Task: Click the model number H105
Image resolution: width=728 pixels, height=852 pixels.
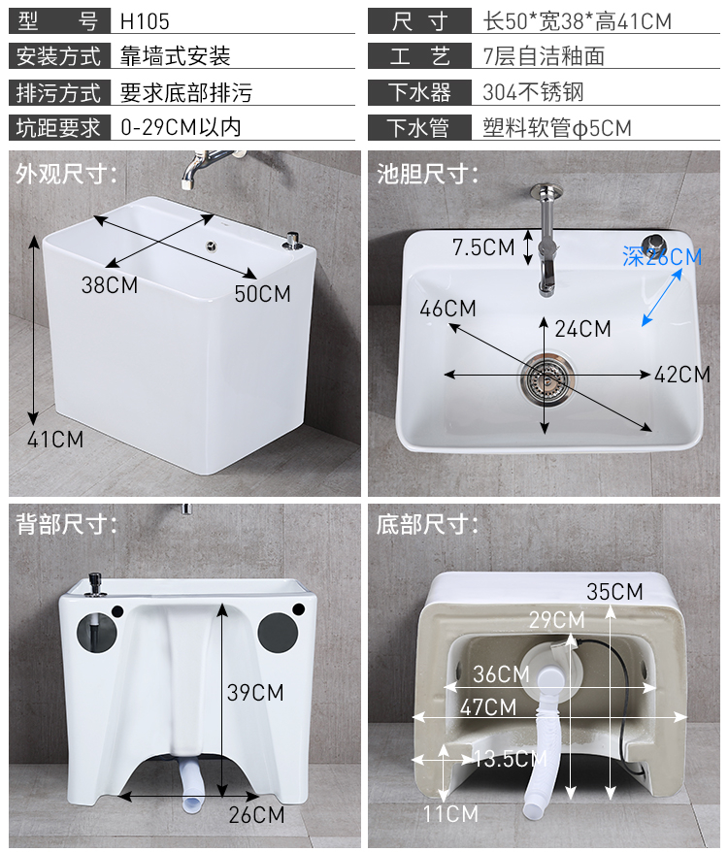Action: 145,21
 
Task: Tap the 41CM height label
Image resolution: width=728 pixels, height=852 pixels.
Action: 55,439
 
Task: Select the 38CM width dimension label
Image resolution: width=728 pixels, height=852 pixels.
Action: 110,284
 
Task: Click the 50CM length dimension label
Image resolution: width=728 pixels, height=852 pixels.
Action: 263,294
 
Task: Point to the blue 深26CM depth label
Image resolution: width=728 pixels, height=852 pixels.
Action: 662,256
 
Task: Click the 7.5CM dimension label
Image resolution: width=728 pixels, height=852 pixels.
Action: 483,247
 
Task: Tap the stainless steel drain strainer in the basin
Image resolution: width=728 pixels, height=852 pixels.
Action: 546,378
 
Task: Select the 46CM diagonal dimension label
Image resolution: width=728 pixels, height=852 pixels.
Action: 447,309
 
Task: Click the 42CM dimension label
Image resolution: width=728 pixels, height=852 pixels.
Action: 682,375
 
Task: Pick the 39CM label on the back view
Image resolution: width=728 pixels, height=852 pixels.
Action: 255,692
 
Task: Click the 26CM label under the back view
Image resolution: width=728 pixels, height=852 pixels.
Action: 256,814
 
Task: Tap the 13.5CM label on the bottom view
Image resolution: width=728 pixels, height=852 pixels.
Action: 511,759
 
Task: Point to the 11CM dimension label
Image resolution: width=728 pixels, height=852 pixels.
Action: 450,814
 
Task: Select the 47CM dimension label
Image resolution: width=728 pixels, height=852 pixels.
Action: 488,707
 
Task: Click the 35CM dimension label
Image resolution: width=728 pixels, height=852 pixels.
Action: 614,592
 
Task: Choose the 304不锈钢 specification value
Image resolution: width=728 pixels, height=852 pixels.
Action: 533,92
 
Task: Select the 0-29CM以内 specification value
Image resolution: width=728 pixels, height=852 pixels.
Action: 181,128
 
